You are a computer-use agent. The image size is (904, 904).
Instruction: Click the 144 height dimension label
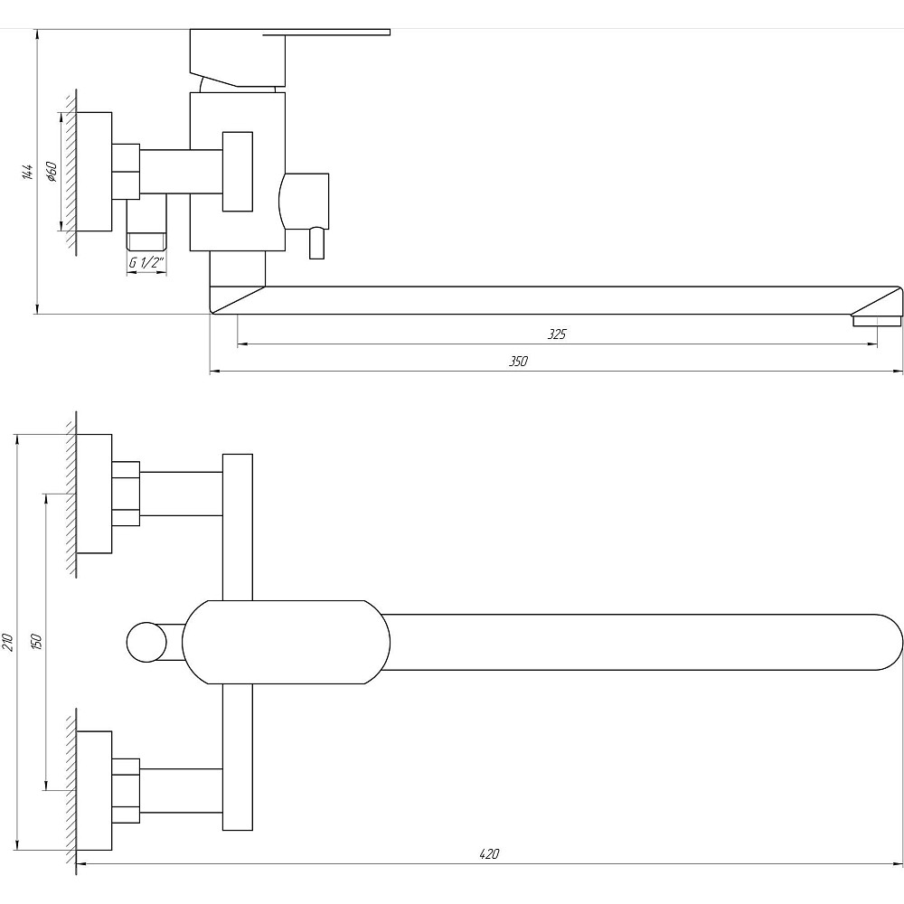pyautogui.click(x=28, y=172)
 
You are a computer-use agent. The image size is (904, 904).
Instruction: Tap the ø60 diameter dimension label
pyautogui.click(x=52, y=171)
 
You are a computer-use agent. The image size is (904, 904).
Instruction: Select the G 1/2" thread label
pyautogui.click(x=146, y=264)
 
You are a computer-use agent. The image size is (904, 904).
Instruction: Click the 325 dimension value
pyautogui.click(x=557, y=334)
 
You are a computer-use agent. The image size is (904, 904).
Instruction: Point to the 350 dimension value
pyautogui.click(x=517, y=362)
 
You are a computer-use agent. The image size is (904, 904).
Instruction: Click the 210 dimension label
pyautogui.click(x=8, y=643)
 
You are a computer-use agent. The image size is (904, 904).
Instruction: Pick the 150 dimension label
pyautogui.click(x=37, y=641)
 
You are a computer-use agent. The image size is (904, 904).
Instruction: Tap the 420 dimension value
pyautogui.click(x=489, y=853)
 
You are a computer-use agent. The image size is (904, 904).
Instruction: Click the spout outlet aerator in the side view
pyautogui.click(x=876, y=319)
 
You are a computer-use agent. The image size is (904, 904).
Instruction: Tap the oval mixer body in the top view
pyautogui.click(x=286, y=642)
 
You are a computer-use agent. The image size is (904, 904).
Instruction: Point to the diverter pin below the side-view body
pyautogui.click(x=316, y=242)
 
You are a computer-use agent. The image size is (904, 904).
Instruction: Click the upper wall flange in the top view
pyautogui.click(x=94, y=494)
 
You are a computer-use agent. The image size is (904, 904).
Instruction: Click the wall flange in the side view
pyautogui.click(x=94, y=171)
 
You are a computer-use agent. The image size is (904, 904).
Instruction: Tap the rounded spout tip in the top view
pyautogui.click(x=881, y=642)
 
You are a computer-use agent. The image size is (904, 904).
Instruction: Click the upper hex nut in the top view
pyautogui.click(x=126, y=494)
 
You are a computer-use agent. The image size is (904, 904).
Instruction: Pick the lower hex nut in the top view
pyautogui.click(x=126, y=791)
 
